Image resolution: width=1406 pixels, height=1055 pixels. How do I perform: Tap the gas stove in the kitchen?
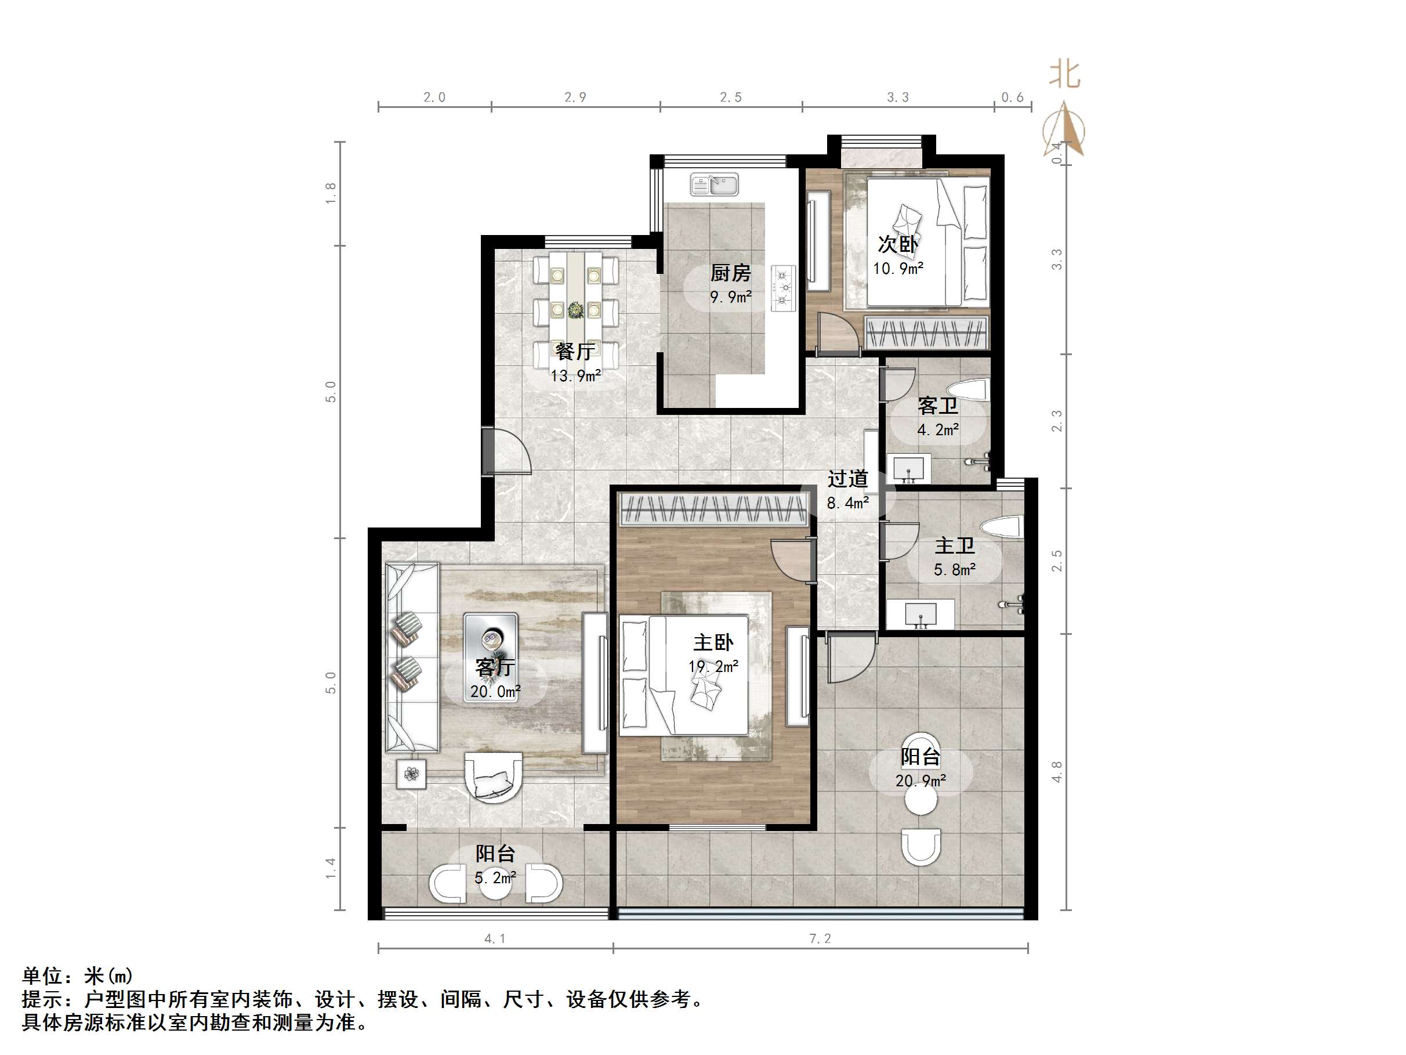click(x=784, y=288)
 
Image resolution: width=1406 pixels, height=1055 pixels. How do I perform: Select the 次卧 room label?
click(x=897, y=244)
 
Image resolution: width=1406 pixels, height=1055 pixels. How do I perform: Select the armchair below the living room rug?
click(x=493, y=777)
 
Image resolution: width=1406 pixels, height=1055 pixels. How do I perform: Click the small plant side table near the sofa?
click(x=411, y=774)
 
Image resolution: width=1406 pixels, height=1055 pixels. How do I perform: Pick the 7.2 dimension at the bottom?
click(x=820, y=938)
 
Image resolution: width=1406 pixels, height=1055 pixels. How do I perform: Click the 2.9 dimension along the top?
click(x=575, y=97)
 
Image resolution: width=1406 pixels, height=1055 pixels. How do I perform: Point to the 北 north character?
click(x=1064, y=75)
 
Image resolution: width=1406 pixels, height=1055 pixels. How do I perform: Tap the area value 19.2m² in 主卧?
click(x=713, y=666)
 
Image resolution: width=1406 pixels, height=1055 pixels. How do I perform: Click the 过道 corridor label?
click(x=847, y=479)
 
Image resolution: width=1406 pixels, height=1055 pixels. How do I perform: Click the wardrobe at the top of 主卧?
click(x=713, y=509)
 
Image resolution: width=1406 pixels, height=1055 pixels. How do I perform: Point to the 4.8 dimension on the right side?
click(x=1056, y=772)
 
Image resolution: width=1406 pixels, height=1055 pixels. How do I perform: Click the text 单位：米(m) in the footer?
click(x=78, y=975)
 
